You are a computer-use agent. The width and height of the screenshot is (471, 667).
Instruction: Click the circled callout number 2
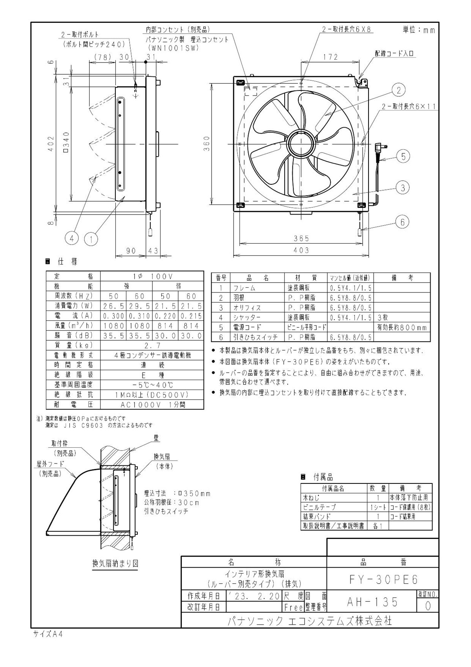tap(398, 90)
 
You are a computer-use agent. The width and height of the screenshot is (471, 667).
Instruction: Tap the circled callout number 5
tap(403, 156)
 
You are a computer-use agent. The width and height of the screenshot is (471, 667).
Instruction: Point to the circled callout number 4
tap(72, 238)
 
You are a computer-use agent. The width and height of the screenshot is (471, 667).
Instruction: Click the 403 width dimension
tap(301, 250)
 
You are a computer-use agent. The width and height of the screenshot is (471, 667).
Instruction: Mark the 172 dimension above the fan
tap(330, 57)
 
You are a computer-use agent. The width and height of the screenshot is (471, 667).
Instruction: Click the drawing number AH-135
tap(372, 602)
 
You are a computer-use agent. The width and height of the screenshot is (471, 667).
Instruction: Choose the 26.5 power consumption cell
tap(113, 306)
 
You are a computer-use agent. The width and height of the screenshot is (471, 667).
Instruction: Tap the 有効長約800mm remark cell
tap(401, 327)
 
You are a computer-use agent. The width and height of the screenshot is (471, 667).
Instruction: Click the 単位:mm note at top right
tap(418, 30)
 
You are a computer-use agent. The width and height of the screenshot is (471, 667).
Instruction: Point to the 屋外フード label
tap(50, 464)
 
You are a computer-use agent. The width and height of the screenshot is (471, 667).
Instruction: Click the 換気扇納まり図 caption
tap(115, 563)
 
